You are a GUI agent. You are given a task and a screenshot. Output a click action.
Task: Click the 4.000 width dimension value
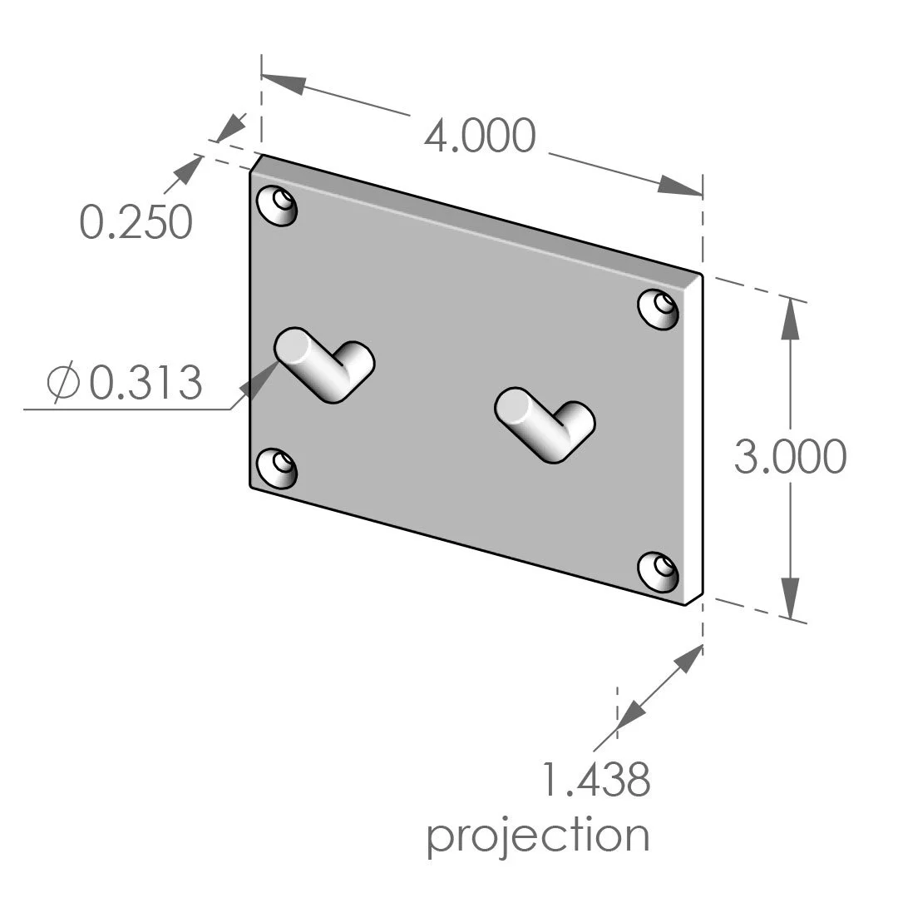pyautogui.click(x=479, y=136)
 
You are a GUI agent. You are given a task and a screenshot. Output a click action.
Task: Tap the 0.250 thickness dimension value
pyautogui.click(x=136, y=222)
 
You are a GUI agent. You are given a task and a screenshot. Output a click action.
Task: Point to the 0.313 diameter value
pyautogui.click(x=146, y=384)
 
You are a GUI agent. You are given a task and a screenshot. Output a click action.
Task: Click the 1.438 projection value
pyautogui.click(x=595, y=781)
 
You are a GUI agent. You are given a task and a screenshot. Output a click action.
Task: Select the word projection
pyautogui.click(x=538, y=836)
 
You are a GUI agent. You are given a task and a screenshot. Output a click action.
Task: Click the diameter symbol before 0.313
pyautogui.click(x=64, y=384)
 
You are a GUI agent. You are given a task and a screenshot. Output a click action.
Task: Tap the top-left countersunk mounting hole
pyautogui.click(x=278, y=205)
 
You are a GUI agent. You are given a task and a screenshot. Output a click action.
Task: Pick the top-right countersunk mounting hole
pyautogui.click(x=659, y=308)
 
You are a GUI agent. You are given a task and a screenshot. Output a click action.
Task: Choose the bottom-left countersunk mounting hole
pyautogui.click(x=278, y=468)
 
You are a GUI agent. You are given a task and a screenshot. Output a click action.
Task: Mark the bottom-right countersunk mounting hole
pyautogui.click(x=659, y=572)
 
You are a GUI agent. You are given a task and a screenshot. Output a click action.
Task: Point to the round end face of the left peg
pyautogui.click(x=293, y=345)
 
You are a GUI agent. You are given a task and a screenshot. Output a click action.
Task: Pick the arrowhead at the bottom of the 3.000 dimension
pyautogui.click(x=791, y=598)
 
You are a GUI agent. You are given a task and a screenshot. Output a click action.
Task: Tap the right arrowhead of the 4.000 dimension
pyautogui.click(x=680, y=187)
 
